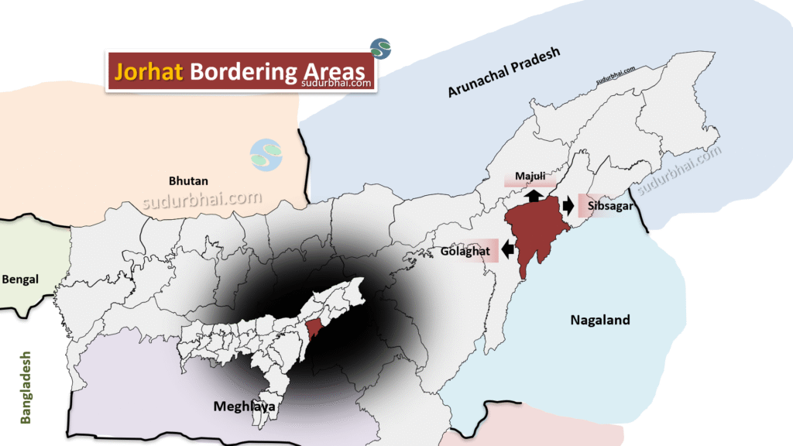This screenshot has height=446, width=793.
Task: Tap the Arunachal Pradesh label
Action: click(x=503, y=72)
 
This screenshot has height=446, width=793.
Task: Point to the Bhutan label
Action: click(x=189, y=180)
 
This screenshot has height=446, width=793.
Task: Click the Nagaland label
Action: click(x=600, y=319)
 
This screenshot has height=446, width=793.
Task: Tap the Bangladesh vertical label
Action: click(x=26, y=387)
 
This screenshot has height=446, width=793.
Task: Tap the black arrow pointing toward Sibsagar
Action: click(x=569, y=205)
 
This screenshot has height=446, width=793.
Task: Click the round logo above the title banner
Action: click(x=380, y=48)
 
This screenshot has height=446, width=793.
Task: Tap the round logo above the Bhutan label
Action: click(x=266, y=155)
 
